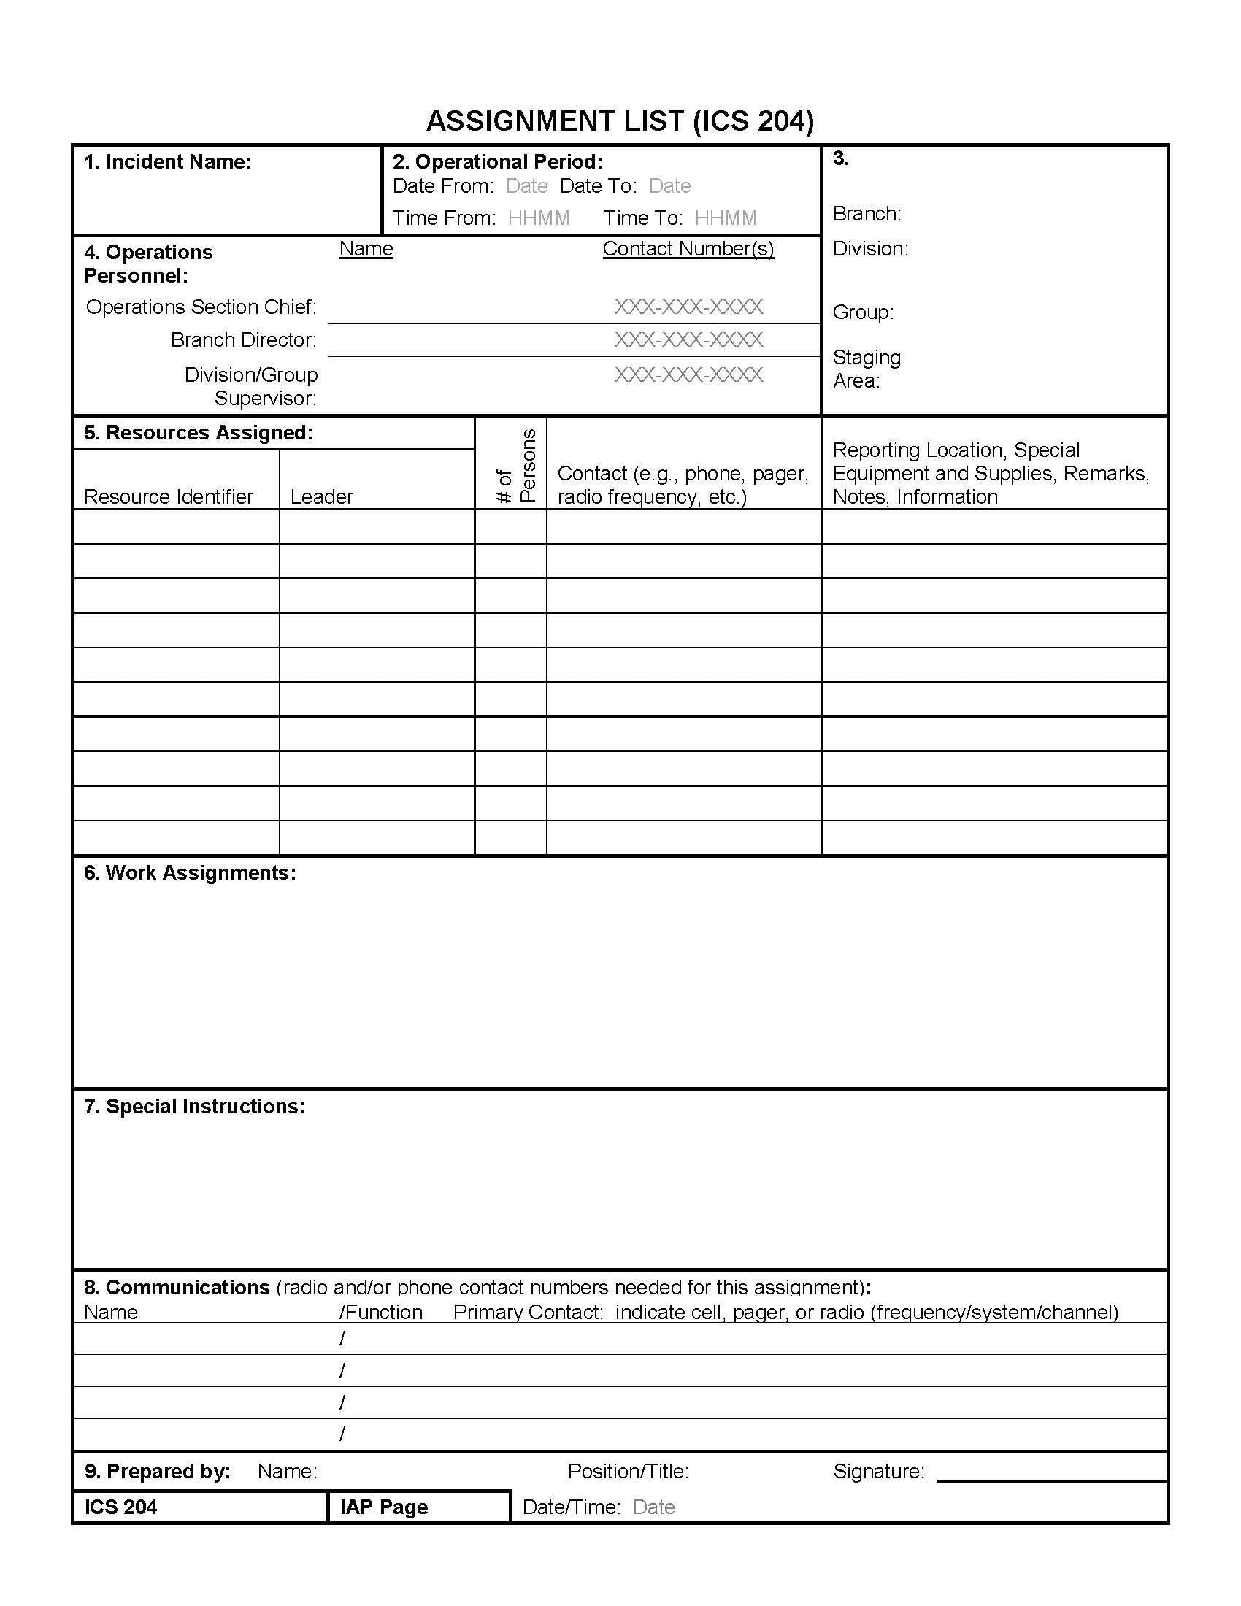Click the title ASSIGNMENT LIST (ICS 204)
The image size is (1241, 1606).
(620, 121)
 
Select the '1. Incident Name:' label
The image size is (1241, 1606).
(167, 162)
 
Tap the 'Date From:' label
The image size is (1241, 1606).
(442, 186)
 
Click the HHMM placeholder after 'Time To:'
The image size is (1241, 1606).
(725, 218)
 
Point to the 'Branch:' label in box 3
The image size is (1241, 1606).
(866, 214)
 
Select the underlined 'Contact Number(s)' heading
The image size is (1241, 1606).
(688, 249)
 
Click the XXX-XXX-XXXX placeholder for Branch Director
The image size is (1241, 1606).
(688, 340)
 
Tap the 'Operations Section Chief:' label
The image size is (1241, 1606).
(201, 307)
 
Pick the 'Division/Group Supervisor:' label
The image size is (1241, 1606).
(251, 387)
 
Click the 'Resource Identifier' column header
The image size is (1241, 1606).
(169, 497)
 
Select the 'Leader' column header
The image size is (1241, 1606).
(321, 497)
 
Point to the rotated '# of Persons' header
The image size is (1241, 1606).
(516, 466)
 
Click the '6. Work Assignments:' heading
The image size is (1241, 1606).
(190, 873)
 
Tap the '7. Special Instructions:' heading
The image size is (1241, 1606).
(194, 1107)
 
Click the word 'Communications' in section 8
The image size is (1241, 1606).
(188, 1288)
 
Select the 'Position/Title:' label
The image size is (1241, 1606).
(628, 1472)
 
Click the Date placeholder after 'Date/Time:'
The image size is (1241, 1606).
(653, 1507)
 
